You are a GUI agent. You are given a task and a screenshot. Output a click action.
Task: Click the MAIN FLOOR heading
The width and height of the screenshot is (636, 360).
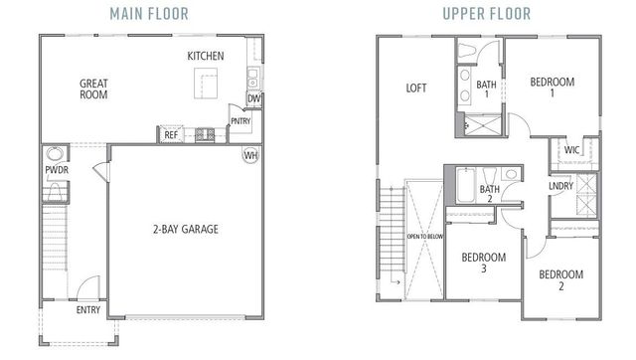click(150, 13)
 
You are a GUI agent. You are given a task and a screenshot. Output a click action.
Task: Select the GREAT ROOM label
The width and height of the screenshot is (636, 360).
click(93, 90)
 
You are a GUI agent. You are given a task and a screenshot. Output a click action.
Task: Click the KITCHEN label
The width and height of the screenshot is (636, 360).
click(206, 56)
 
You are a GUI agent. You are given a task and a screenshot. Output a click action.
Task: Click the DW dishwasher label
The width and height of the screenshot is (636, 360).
click(254, 98)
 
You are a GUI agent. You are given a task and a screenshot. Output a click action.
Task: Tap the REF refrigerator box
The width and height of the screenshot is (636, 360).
click(171, 133)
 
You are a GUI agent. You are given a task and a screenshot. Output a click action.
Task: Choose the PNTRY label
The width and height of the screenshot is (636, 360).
click(240, 121)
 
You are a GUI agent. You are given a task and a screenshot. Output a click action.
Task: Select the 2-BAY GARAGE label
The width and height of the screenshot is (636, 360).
click(186, 229)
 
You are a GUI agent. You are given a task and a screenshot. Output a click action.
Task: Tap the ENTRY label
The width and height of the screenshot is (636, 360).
click(88, 310)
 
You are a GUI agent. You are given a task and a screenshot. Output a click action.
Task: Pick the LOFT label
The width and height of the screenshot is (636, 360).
click(415, 88)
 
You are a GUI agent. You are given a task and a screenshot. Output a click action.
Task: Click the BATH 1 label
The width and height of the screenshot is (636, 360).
click(486, 90)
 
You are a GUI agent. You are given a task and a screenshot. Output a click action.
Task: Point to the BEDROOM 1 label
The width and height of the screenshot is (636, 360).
click(553, 88)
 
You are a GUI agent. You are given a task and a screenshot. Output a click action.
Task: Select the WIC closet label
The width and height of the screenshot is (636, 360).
click(571, 150)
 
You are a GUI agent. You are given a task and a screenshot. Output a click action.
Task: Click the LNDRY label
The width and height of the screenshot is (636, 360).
click(560, 186)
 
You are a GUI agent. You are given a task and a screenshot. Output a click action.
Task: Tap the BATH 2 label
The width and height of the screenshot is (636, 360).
click(490, 195)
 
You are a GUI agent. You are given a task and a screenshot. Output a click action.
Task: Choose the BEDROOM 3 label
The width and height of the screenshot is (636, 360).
click(484, 264)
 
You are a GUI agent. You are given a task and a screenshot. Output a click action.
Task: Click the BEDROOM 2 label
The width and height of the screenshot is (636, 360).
click(560, 279)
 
